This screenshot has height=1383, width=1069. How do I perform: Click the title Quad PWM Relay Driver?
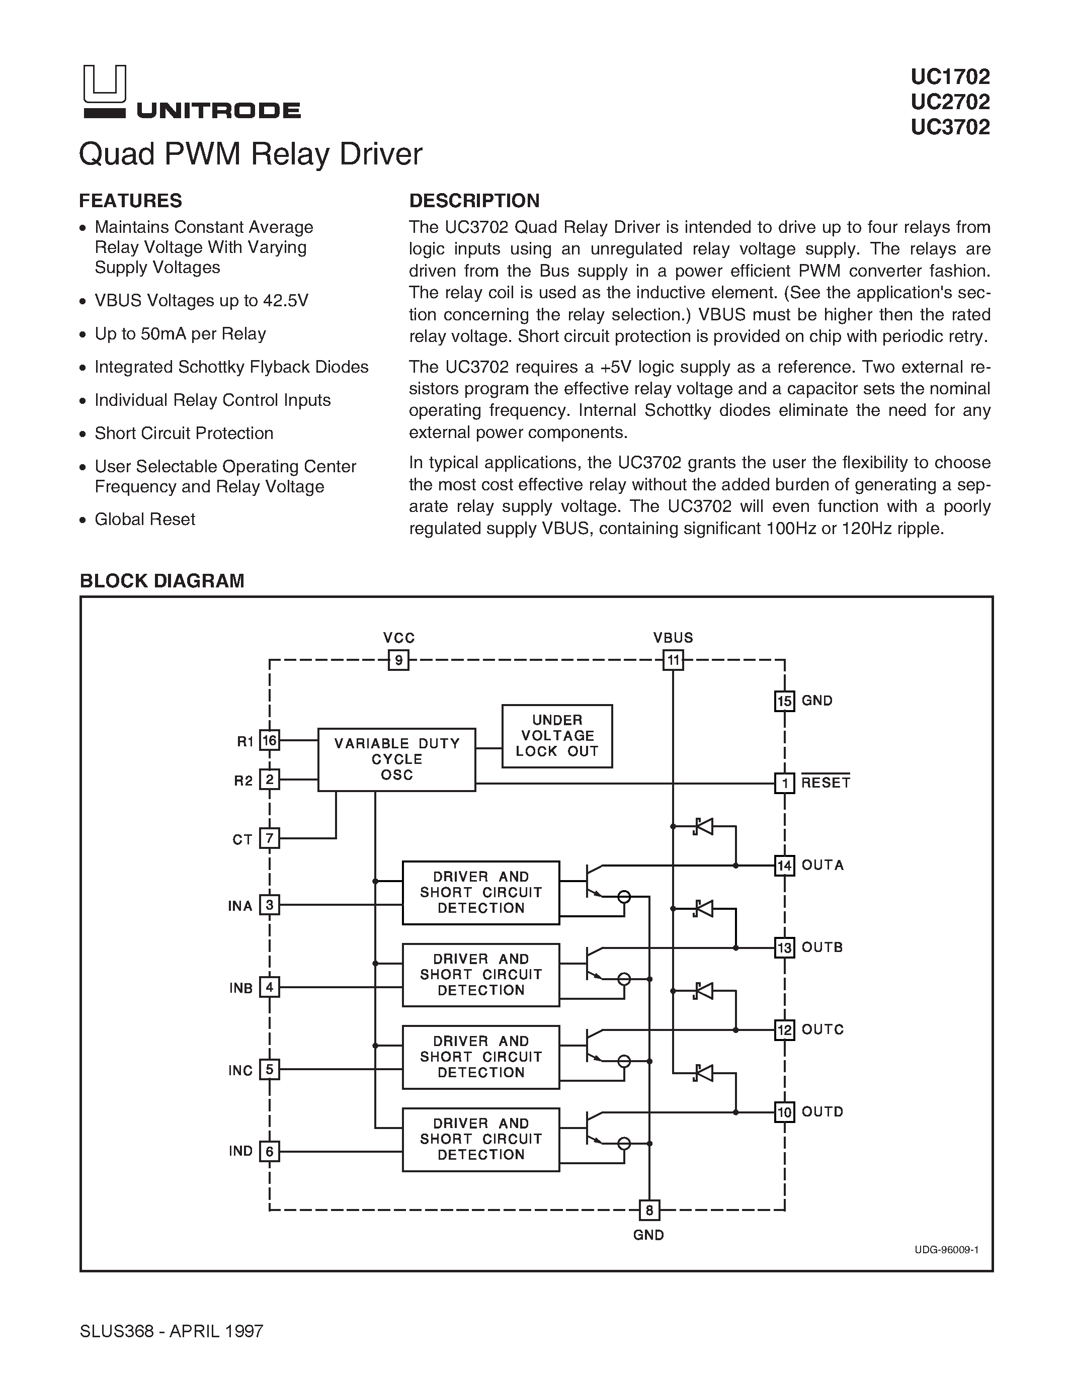[250, 154]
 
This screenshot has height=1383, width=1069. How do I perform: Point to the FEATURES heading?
[130, 201]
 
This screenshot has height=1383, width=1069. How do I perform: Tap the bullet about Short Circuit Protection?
[184, 433]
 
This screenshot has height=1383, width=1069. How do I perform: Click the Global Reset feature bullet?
[144, 520]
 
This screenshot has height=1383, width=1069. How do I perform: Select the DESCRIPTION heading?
[474, 201]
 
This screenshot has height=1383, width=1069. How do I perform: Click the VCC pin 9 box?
[398, 660]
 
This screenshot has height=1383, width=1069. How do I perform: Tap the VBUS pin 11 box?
[673, 660]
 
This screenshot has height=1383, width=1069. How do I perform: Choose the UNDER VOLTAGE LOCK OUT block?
[557, 736]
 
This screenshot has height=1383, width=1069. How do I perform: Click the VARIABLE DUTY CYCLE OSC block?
[396, 759]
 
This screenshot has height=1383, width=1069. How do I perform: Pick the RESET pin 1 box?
[785, 784]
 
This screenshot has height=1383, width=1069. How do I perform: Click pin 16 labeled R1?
[270, 740]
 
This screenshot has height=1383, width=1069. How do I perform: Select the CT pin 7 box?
[270, 838]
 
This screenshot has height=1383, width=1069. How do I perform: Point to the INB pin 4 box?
[270, 987]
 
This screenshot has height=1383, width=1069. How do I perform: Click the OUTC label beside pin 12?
[822, 1029]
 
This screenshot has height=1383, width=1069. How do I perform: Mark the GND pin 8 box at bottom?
[649, 1210]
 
